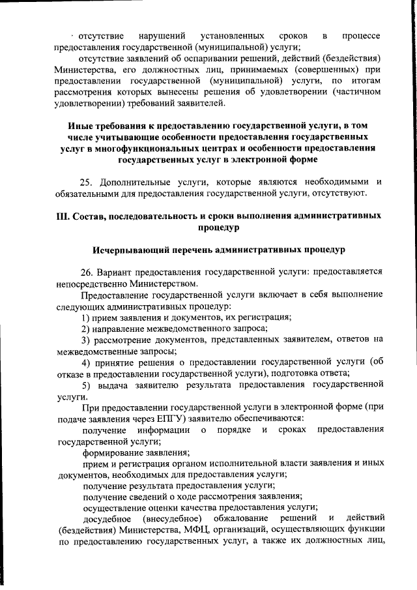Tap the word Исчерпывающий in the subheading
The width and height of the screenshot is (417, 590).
(128, 250)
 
